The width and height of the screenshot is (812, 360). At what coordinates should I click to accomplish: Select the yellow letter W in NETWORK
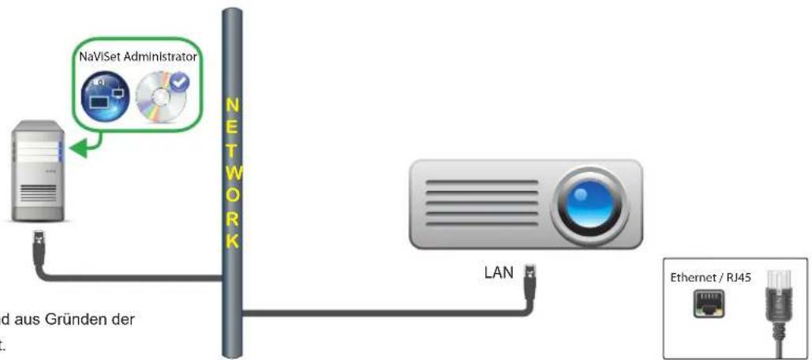click(231, 171)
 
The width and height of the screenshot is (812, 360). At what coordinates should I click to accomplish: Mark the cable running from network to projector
click(379, 313)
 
